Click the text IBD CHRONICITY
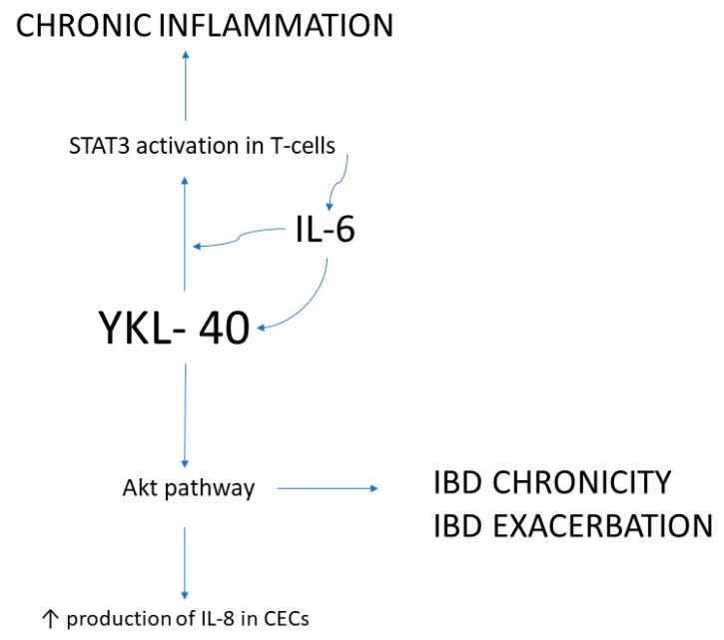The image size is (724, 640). [552, 482]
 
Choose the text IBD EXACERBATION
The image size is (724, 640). [572, 525]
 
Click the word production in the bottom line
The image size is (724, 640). [109, 619]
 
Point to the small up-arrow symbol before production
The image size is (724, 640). [49, 619]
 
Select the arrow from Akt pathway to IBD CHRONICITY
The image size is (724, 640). [328, 489]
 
